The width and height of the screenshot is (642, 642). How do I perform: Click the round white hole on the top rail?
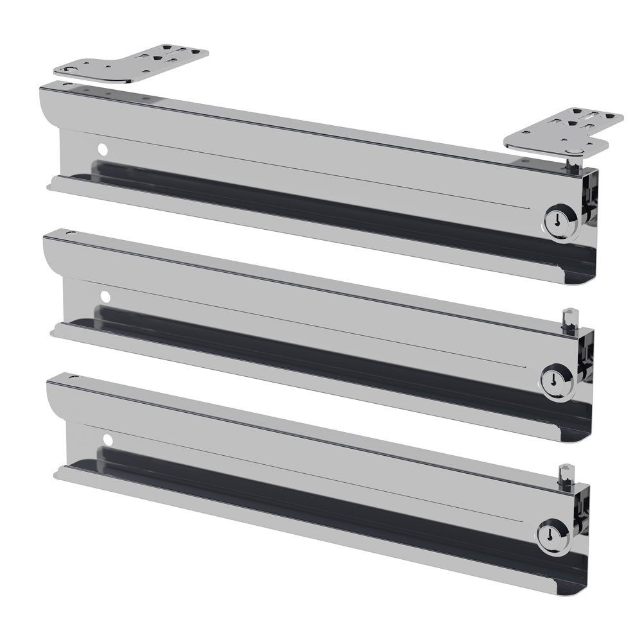point(102,149)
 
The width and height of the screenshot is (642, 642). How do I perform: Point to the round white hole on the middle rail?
point(105,297)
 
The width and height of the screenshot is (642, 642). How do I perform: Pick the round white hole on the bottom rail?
point(107,440)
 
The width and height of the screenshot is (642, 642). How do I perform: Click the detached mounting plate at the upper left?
point(132,63)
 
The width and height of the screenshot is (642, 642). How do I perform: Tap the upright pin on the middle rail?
point(566,319)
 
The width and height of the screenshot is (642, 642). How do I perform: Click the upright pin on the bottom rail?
point(566,475)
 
